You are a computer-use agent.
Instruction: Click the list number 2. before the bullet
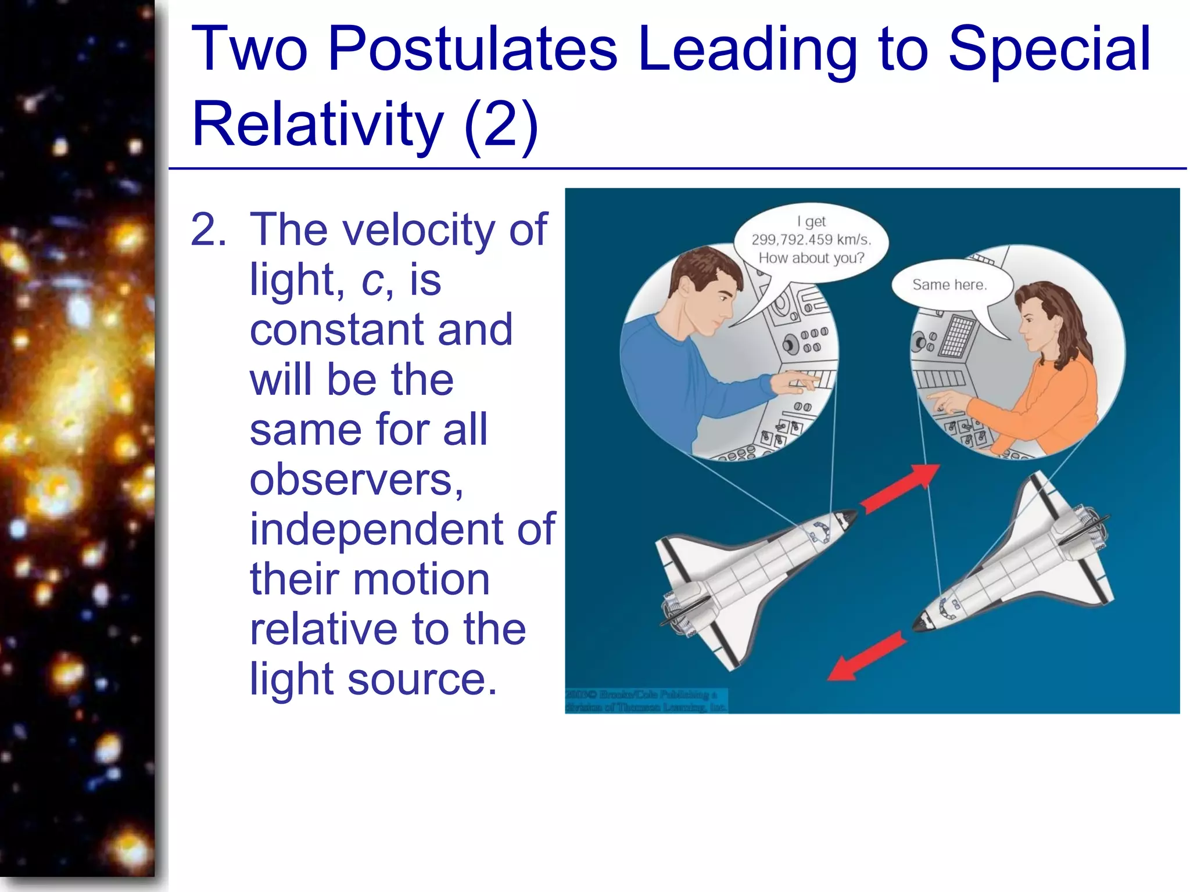(x=208, y=231)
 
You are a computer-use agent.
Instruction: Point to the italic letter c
(x=372, y=280)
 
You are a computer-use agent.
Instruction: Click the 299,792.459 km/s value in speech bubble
(x=811, y=240)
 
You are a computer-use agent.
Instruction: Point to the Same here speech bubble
(x=949, y=285)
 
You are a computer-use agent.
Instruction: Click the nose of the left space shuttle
(x=850, y=516)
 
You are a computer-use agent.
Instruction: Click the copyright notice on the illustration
(x=645, y=700)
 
